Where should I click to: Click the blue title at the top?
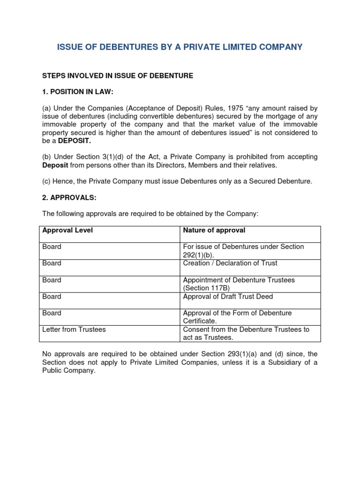180,47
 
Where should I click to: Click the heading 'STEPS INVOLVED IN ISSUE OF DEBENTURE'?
118,75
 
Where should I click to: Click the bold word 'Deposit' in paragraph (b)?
55,165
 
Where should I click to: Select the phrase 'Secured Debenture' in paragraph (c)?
283,181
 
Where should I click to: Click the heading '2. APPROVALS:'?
69,197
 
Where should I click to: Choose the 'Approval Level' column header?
67,230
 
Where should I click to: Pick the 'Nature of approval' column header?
214,230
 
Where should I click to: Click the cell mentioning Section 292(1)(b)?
243,251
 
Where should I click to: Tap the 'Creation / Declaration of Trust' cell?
230,263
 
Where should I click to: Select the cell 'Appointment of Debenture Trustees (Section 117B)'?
239,284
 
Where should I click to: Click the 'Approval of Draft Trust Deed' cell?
228,296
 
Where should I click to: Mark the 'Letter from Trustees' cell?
74,330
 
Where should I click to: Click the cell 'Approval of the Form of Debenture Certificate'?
237,317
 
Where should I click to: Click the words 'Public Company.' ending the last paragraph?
68,370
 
